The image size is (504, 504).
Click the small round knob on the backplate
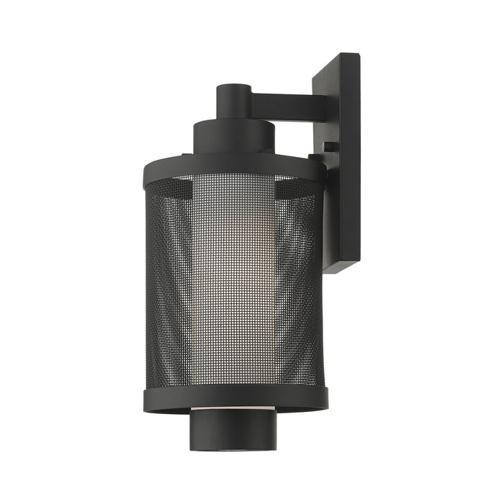328,146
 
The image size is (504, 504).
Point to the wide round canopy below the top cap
234,137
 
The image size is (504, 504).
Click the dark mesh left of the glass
169,288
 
